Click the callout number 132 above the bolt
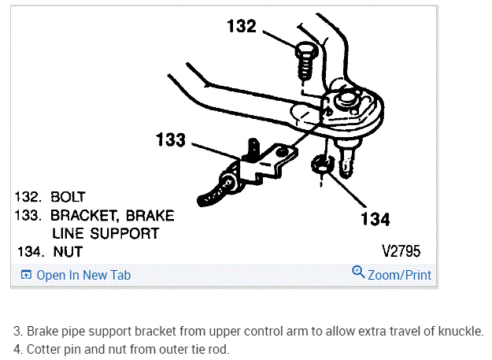pyautogui.click(x=241, y=26)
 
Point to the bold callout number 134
pyautogui.click(x=375, y=218)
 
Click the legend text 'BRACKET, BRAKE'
pyautogui.click(x=113, y=214)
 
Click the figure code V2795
pyautogui.click(x=401, y=252)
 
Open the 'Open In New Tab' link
pyautogui.click(x=83, y=275)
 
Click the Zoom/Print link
pyautogui.click(x=399, y=275)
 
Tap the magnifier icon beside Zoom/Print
pyautogui.click(x=358, y=273)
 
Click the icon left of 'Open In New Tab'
pyautogui.click(x=26, y=275)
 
